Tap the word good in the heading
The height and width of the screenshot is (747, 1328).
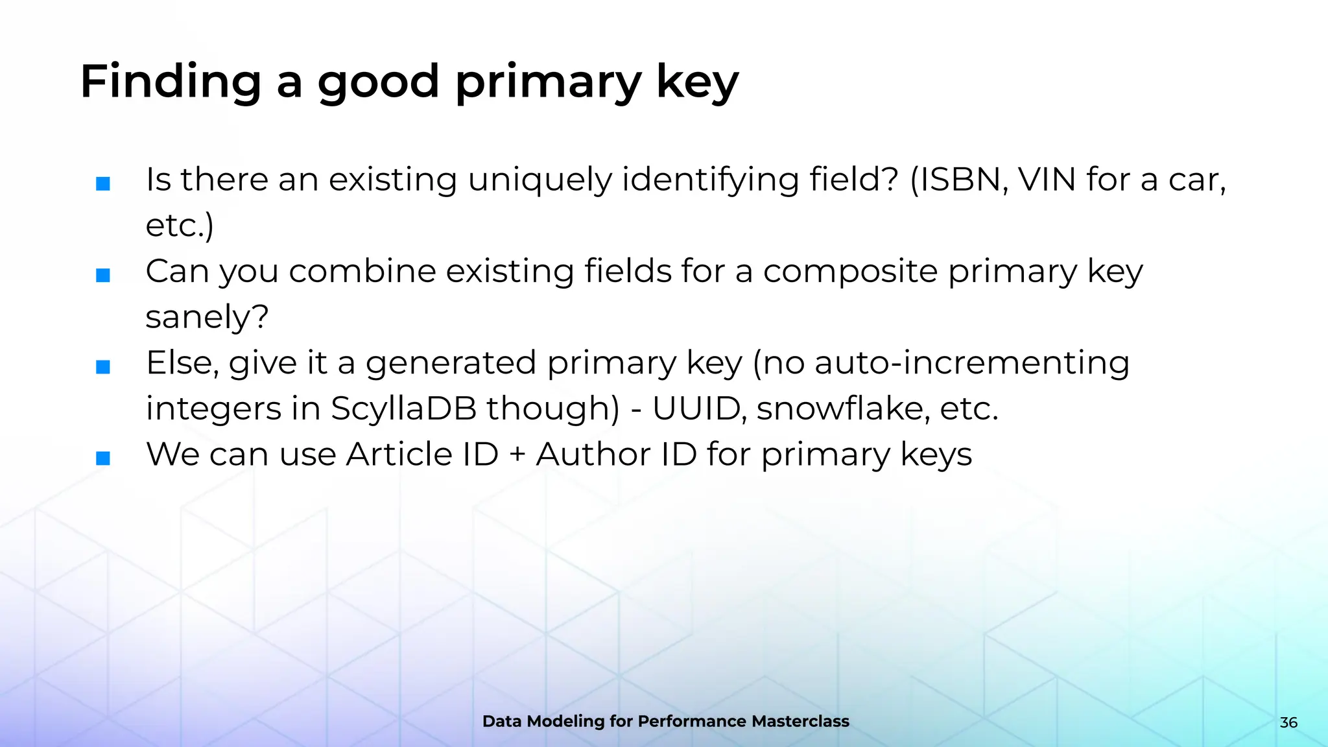pyautogui.click(x=379, y=83)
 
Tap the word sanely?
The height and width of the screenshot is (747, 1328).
pyautogui.click(x=207, y=317)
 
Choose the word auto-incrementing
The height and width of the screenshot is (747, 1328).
pyautogui.click(x=972, y=363)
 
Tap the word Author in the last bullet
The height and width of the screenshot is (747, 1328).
pyautogui.click(x=593, y=454)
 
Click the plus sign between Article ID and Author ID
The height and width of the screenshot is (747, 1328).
pyautogui.click(x=517, y=455)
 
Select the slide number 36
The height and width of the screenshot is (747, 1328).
pyautogui.click(x=1288, y=722)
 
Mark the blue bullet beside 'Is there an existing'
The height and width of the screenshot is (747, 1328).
pyautogui.click(x=103, y=184)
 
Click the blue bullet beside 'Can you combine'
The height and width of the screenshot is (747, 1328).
pyautogui.click(x=103, y=276)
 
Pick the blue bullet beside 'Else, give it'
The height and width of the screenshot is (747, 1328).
pyautogui.click(x=103, y=367)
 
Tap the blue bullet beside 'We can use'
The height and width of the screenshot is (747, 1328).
pyautogui.click(x=103, y=458)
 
